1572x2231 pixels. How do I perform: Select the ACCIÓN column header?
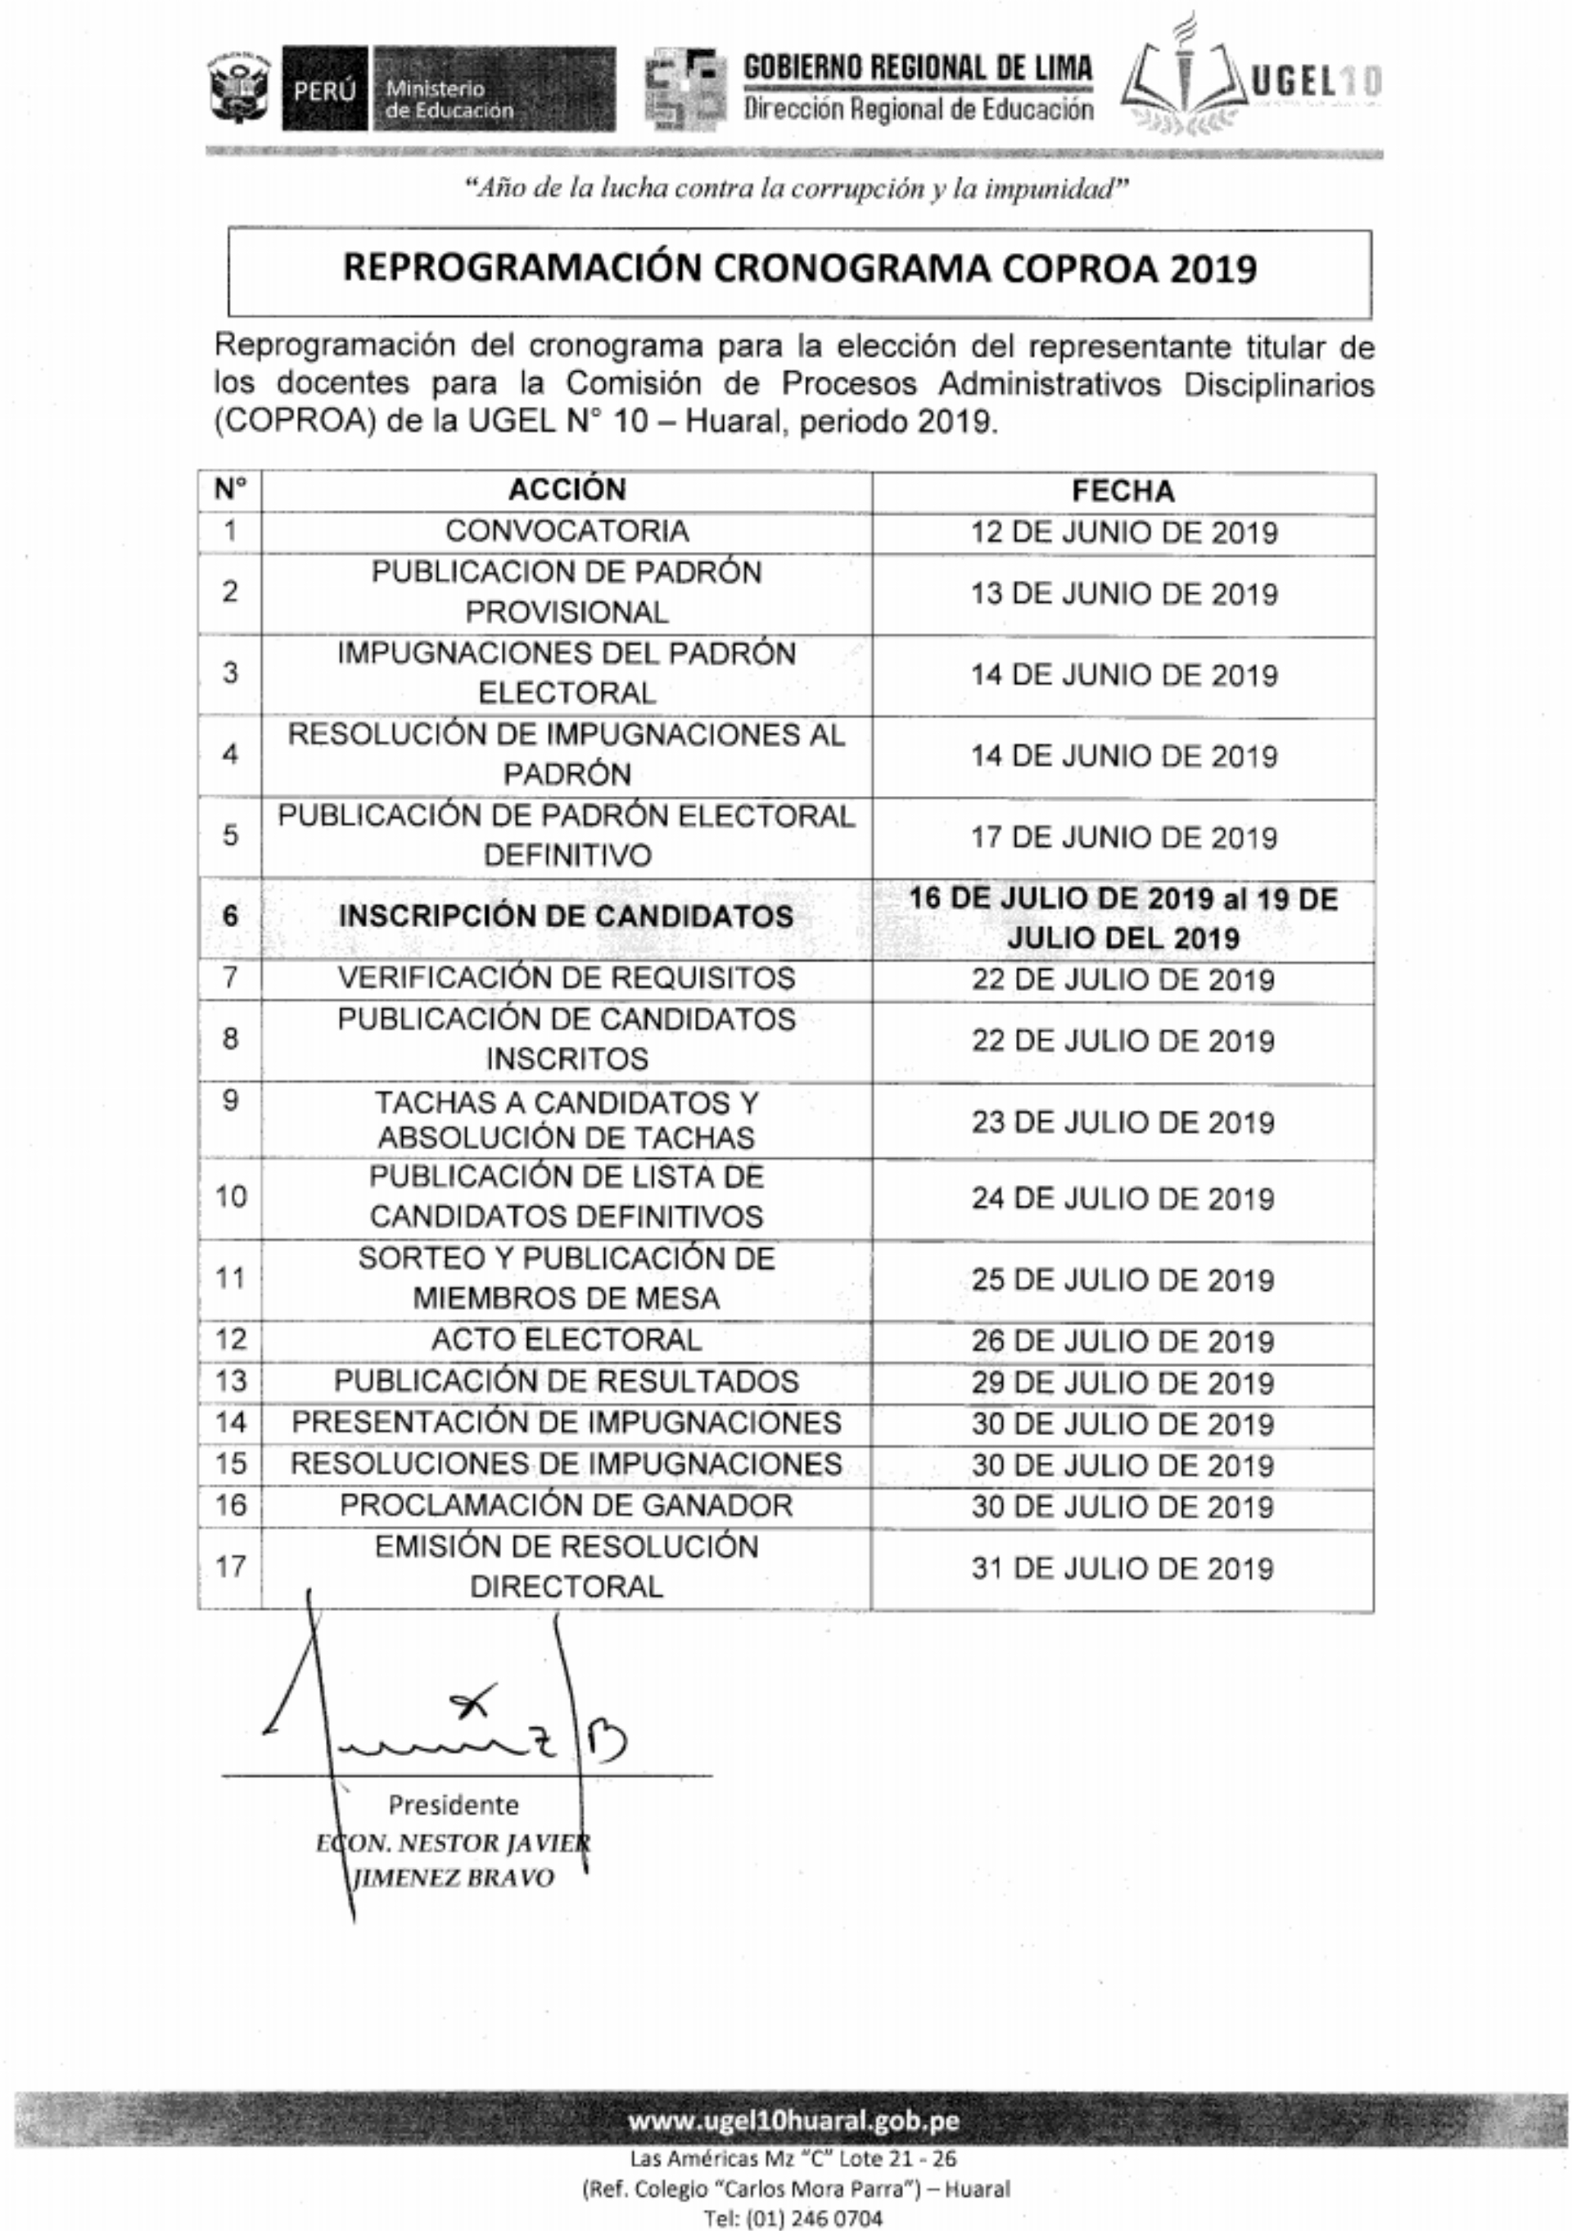coord(567,490)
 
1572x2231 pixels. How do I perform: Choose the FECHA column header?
coord(1123,491)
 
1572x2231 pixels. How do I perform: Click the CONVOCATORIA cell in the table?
coord(567,532)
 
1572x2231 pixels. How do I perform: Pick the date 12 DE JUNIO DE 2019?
coord(1123,532)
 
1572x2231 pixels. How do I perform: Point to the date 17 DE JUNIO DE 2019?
coord(1123,838)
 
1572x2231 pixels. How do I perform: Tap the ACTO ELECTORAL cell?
coord(567,1340)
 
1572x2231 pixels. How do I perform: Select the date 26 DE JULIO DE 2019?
coord(1123,1341)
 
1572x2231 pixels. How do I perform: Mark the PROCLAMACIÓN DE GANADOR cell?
coord(567,1505)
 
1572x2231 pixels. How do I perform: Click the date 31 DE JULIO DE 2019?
coord(1123,1568)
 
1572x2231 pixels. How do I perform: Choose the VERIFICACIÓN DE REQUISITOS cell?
coord(567,978)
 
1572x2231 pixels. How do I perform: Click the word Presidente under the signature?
coord(453,1804)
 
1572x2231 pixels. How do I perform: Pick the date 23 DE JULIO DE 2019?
coord(1123,1122)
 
